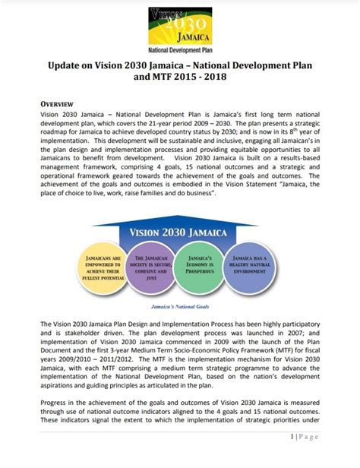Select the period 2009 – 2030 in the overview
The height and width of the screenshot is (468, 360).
pyautogui.click(x=245, y=124)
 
